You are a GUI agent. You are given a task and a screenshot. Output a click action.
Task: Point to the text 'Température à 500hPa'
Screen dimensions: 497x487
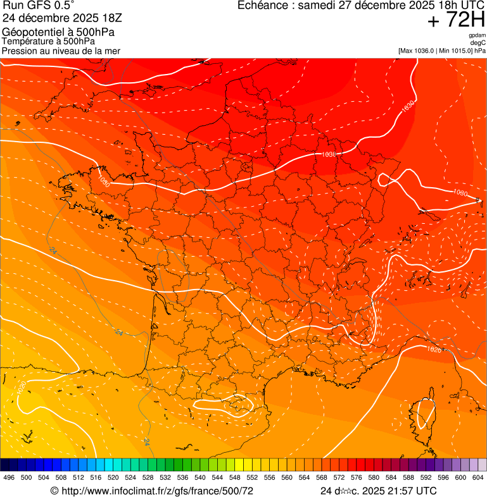tap(48, 41)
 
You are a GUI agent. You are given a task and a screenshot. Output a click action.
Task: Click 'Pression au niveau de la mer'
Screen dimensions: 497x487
tap(61, 51)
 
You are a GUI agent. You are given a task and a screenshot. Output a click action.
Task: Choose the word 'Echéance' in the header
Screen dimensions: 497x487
tap(262, 6)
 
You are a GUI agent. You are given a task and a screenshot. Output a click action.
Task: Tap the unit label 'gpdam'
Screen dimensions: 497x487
tap(476, 35)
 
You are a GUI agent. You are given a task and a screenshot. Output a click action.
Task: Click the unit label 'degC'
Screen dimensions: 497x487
tap(478, 43)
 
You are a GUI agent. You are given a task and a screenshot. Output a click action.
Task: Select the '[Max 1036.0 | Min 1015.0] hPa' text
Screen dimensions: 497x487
tap(442, 51)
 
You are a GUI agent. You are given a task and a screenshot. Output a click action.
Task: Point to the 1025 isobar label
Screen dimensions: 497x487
tap(433, 350)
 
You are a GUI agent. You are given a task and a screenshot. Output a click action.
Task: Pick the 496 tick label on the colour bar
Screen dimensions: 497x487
tap(9, 477)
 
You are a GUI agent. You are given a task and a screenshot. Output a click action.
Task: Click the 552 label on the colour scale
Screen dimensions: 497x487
tap(251, 477)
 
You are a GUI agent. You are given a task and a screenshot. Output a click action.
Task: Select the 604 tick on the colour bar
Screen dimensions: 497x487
tap(478, 477)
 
